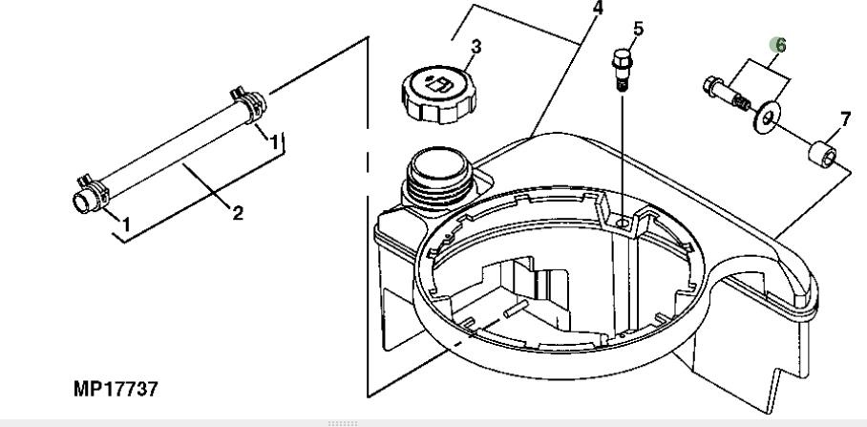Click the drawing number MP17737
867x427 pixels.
coord(116,388)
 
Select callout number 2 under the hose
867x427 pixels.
coord(238,213)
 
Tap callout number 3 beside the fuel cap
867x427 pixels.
coord(476,47)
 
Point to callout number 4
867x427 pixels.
coord(597,8)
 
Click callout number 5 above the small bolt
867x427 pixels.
coord(638,29)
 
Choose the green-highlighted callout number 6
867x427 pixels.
coord(780,45)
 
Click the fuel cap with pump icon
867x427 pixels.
coord(439,94)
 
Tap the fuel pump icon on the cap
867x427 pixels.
coord(438,85)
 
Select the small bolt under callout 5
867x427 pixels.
coord(622,69)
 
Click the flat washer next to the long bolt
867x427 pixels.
coord(767,117)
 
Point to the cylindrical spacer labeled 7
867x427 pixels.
coord(822,154)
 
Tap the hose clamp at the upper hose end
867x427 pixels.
coord(249,103)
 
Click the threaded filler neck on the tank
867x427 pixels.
coord(439,177)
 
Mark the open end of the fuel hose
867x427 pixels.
coord(83,202)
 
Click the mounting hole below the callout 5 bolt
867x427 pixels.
coord(623,224)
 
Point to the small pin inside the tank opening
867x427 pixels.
coord(516,309)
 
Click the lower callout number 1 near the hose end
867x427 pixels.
coord(126,224)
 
